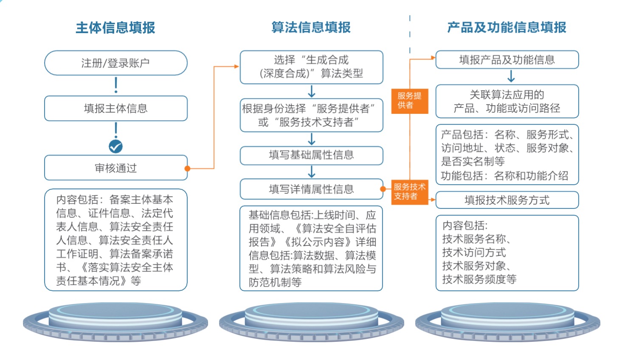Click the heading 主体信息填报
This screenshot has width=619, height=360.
tap(115, 28)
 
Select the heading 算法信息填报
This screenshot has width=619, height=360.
tap(311, 28)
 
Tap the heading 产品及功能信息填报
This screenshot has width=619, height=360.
tap(507, 28)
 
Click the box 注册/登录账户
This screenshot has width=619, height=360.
tap(115, 63)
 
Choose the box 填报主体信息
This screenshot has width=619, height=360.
tap(115, 108)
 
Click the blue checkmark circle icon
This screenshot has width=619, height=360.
tap(115, 146)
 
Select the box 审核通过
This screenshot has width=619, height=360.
tap(115, 168)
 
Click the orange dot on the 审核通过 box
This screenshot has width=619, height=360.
tap(187, 169)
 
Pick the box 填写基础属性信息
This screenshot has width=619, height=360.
tap(311, 155)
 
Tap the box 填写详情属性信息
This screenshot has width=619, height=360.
tap(311, 189)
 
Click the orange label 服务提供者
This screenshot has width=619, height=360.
tap(409, 101)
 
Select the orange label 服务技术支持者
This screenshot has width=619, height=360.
tap(409, 191)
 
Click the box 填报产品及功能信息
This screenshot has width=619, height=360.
tap(507, 60)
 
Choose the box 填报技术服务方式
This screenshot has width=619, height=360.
tap(507, 200)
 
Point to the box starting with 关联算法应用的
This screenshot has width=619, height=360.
tap(507, 101)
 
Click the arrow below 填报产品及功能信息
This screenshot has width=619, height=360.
tap(511, 76)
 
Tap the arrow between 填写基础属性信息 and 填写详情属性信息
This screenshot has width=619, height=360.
tap(312, 172)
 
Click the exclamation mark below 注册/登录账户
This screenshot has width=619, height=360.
tap(116, 85)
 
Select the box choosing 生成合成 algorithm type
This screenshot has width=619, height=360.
tap(311, 67)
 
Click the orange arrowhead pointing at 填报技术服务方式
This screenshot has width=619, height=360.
tap(433, 200)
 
